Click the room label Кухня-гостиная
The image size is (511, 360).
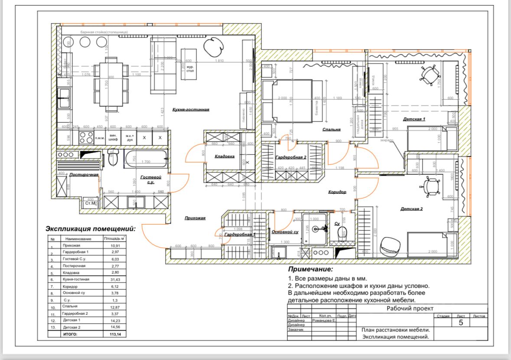191,110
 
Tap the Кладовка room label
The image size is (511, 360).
225,156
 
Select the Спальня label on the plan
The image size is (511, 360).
332,129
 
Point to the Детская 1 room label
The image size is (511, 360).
414,119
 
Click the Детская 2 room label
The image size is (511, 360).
411,209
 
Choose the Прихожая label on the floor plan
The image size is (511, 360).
195,218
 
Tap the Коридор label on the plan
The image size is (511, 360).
337,192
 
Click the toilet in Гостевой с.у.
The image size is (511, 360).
114,159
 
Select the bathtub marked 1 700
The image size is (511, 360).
146,159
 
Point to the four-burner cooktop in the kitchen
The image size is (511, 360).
86,138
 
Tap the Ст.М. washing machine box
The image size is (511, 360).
90,203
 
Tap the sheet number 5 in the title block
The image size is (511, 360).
461,323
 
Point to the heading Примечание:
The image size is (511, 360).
310,269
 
